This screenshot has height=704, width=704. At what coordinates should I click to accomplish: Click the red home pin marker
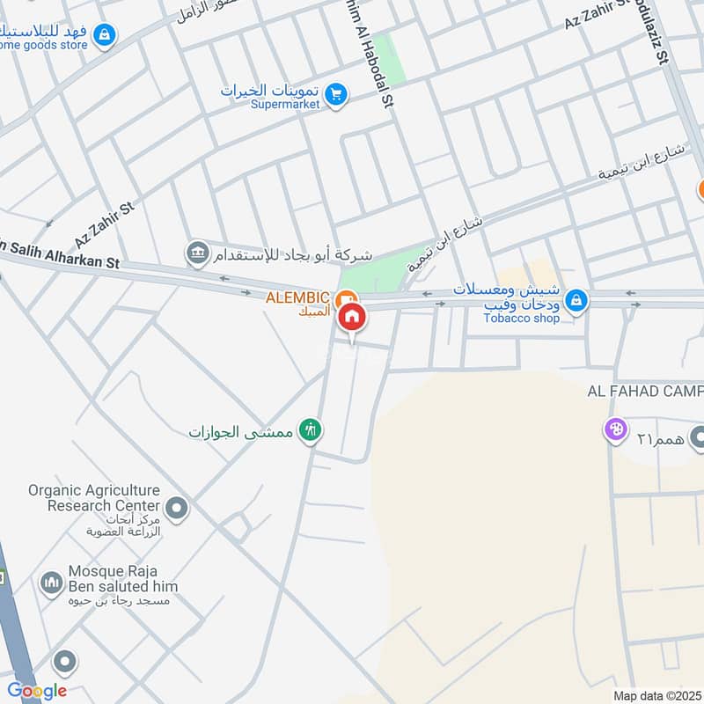click(x=352, y=316)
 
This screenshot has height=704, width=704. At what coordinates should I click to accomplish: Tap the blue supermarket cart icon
click(x=335, y=94)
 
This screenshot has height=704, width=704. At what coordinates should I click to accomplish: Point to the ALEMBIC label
click(x=298, y=297)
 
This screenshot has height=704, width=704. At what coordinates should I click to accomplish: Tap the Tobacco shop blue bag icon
click(x=576, y=301)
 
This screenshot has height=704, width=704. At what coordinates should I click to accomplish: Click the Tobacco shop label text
click(x=521, y=318)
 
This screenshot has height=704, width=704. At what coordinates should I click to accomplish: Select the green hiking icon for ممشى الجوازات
click(x=310, y=430)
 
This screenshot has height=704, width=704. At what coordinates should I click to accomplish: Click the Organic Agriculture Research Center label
click(x=93, y=498)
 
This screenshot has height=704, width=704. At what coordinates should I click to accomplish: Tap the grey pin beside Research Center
click(x=178, y=508)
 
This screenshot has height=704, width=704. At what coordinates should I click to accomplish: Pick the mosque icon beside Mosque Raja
click(x=51, y=583)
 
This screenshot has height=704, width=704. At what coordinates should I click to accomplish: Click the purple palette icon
click(x=613, y=430)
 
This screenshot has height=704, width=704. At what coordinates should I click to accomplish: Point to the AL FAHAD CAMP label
click(x=645, y=392)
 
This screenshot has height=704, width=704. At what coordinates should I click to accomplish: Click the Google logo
click(x=37, y=691)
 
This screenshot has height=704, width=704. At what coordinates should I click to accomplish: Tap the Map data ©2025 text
click(x=656, y=695)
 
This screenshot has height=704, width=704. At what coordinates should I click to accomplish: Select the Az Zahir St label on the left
click(x=104, y=224)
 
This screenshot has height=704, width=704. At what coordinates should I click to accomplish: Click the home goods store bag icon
click(x=105, y=35)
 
